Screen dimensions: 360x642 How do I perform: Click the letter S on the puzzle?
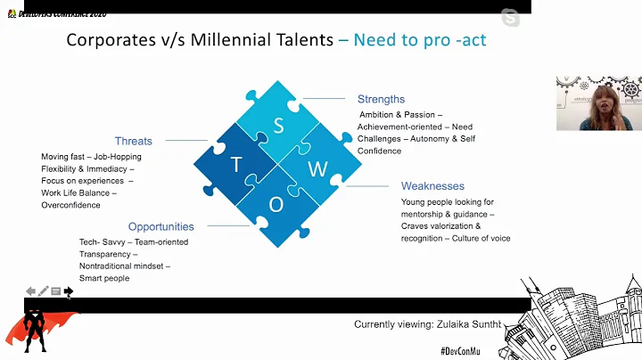278,126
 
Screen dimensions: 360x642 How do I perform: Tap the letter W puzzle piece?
313,168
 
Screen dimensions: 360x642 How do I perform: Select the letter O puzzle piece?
276,204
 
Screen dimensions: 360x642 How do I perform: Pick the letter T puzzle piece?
237,165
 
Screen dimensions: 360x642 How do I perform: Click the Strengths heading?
381,99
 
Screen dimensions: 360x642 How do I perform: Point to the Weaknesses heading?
432,186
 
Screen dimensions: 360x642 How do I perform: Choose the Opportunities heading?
160,226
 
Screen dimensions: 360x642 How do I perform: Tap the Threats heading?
134,141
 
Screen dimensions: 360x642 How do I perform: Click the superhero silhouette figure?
35,330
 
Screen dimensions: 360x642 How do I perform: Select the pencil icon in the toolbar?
43,291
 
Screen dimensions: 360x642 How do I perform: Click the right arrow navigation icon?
69,291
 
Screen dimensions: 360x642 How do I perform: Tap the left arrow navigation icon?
30,291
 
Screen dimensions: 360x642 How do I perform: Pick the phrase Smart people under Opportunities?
104,278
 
